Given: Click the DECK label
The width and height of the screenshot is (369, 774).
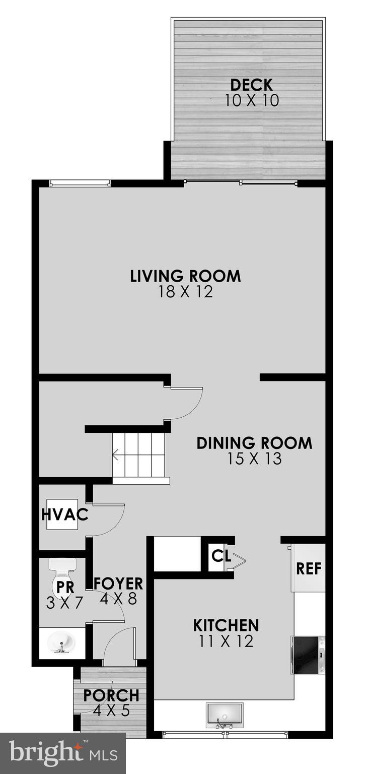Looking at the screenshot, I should pyautogui.click(x=251, y=85).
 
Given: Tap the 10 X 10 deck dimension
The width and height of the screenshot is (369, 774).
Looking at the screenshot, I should pyautogui.click(x=251, y=100).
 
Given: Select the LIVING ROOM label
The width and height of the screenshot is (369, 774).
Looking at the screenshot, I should pyautogui.click(x=185, y=276).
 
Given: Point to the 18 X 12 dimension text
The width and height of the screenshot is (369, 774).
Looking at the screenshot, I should pyautogui.click(x=185, y=292).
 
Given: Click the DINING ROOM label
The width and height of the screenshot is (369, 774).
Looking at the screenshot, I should pyautogui.click(x=254, y=443).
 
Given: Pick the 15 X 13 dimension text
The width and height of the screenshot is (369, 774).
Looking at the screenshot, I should pyautogui.click(x=254, y=459).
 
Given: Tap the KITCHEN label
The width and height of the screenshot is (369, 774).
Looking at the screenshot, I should pyautogui.click(x=226, y=625).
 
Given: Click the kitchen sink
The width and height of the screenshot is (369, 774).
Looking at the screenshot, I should pyautogui.click(x=225, y=714).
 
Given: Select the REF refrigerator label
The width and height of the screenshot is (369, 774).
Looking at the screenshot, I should pyautogui.click(x=309, y=569).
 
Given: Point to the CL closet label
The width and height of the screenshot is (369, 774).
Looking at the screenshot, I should pyautogui.click(x=221, y=556).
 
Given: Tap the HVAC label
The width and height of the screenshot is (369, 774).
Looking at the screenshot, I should pyautogui.click(x=65, y=515).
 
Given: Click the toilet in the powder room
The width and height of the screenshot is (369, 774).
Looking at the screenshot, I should pyautogui.click(x=62, y=578).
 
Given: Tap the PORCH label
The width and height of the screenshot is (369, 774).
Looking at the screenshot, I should pyautogui.click(x=111, y=695).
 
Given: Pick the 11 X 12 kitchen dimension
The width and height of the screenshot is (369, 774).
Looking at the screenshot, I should pyautogui.click(x=226, y=641).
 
